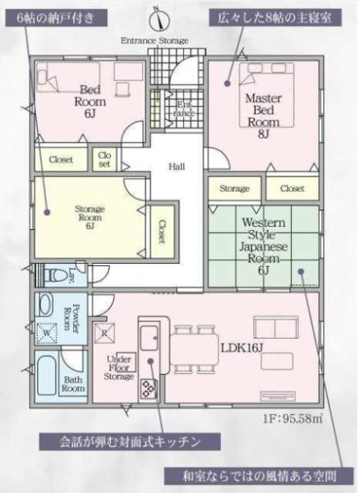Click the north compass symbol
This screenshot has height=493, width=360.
click(159, 19)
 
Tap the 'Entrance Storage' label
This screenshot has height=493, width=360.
click(155, 40)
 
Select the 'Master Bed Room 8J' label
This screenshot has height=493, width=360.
click(263, 116)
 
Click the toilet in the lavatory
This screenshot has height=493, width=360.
click(53, 275)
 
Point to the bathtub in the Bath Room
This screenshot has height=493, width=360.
click(47, 376)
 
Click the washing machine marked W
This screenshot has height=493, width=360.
click(46, 333)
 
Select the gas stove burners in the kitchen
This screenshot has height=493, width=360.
click(149, 389)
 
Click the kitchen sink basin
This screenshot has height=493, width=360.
click(149, 338)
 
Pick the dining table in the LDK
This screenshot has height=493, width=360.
click(194, 349)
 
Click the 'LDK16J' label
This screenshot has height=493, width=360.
click(242, 348)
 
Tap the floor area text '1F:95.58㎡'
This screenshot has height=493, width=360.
click(293, 418)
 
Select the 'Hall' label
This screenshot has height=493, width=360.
click(177, 166)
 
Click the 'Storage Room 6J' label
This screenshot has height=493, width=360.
click(90, 217)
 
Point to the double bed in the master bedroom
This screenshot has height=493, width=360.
click(267, 95)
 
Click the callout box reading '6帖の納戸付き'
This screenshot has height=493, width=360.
click(56, 17)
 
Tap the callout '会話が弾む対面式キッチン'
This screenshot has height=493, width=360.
click(130, 442)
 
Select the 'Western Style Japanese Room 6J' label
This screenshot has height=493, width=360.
click(264, 246)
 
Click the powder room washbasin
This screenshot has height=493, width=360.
click(45, 304)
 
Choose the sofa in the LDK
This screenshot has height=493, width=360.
click(275, 328)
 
